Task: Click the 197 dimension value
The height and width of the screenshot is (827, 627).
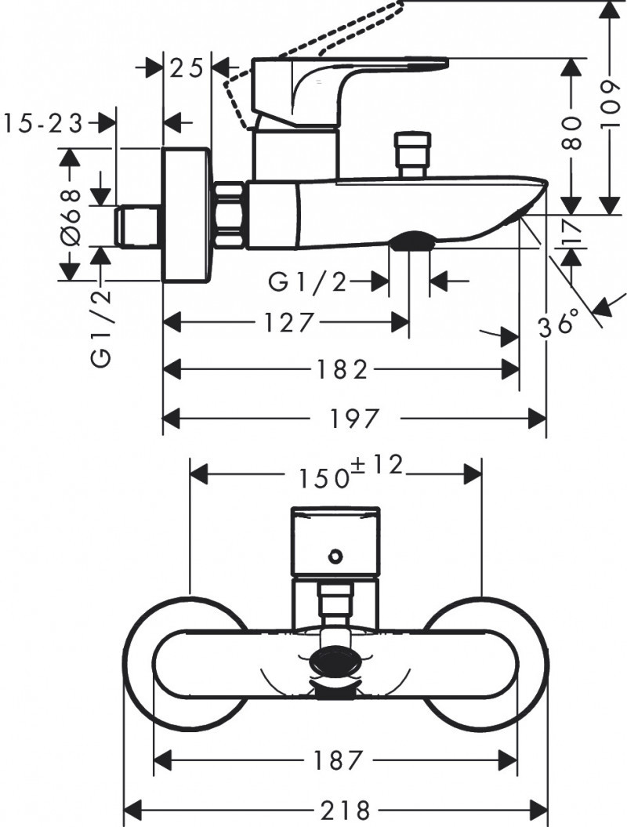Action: coord(356,418)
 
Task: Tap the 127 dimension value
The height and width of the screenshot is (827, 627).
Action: coord(288,322)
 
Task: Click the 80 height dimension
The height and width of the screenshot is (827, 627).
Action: coord(572,133)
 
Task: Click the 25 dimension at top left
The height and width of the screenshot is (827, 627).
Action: coord(187,68)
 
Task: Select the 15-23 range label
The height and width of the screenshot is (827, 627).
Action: coord(43,123)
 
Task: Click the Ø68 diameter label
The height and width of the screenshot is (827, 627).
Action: coord(70,215)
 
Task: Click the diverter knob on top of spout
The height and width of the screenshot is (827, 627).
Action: coord(413,155)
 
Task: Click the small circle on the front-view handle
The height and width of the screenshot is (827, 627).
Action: coord(335,557)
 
